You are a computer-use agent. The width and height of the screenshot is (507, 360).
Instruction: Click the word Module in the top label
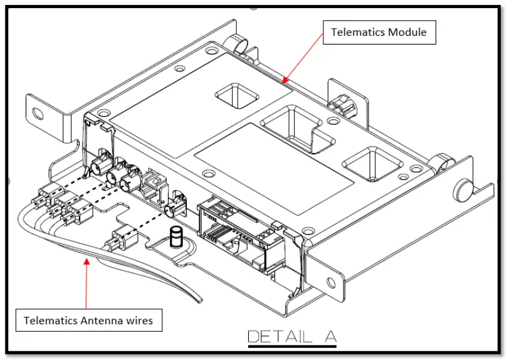click(407, 33)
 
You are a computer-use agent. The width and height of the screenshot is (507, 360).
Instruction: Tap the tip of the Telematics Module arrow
click(283, 82)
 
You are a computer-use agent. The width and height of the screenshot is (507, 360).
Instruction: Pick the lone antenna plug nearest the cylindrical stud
click(123, 241)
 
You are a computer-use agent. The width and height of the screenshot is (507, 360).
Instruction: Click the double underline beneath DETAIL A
click(292, 345)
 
